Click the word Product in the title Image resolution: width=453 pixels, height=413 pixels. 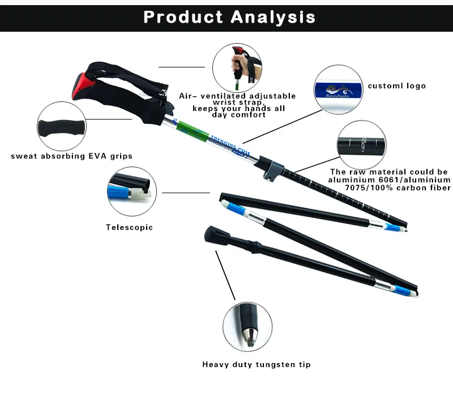coord(183,17)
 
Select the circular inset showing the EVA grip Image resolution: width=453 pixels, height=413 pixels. coord(62,126)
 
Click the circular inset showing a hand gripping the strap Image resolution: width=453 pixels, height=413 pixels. coord(237,67)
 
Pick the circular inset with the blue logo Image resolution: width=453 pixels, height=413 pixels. coord(337,90)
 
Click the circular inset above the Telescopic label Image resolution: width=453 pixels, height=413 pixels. coord(131,191)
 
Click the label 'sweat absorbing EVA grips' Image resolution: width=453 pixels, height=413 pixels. coord(72,156)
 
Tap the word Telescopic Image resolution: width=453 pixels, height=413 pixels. coord(129,228)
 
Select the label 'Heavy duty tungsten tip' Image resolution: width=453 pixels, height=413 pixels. coord(257,365)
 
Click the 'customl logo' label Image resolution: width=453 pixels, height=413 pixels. coord(396,86)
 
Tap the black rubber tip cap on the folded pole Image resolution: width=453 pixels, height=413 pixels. coord(214,233)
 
